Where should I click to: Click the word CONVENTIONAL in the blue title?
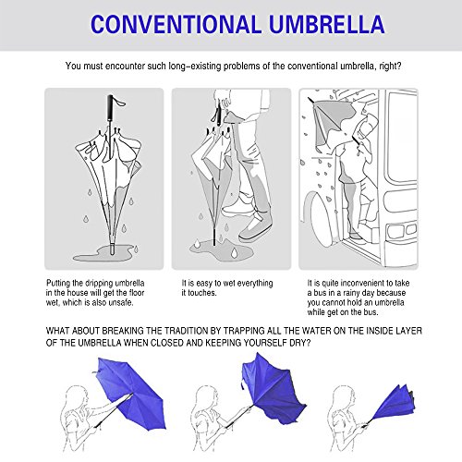(174, 23)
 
